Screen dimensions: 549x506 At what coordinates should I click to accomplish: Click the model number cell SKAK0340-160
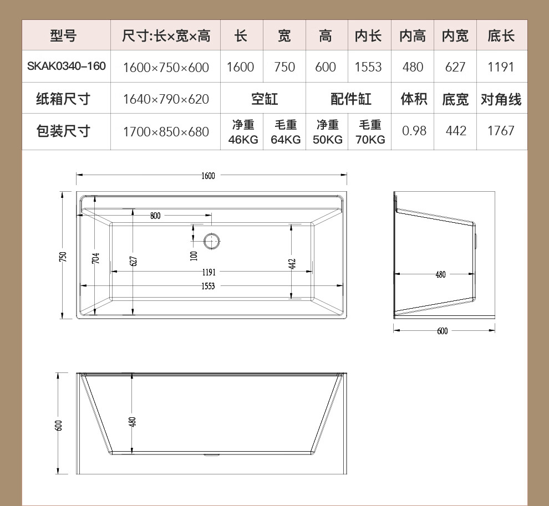(x=66, y=66)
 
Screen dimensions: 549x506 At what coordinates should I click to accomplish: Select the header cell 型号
(x=63, y=35)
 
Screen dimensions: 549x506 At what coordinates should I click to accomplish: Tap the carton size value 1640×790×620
(x=166, y=99)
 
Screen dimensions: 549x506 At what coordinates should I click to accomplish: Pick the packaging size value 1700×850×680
(x=166, y=132)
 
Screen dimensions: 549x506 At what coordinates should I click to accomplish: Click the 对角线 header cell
(x=501, y=99)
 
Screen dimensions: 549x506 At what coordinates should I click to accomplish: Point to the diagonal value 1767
(x=501, y=131)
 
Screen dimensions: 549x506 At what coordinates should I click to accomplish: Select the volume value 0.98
(x=414, y=131)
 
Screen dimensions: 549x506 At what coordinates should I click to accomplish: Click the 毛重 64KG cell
(x=286, y=132)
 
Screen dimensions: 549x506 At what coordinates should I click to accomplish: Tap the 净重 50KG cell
(x=328, y=132)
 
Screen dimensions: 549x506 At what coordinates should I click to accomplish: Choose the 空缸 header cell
(x=265, y=99)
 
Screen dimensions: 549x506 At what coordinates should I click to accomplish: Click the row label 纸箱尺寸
(x=63, y=99)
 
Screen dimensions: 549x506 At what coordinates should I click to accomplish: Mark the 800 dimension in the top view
(x=155, y=216)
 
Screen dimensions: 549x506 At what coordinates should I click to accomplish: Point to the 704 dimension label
(x=95, y=258)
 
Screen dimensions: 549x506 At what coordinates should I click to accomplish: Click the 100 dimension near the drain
(x=194, y=256)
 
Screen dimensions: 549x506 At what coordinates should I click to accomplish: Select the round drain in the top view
(x=212, y=241)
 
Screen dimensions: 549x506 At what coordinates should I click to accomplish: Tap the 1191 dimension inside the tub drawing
(x=209, y=272)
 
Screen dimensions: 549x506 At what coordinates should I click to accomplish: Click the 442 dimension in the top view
(x=292, y=264)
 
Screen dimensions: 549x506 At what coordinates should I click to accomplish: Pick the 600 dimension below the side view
(x=442, y=331)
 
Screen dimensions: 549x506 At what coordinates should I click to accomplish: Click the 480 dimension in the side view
(x=440, y=274)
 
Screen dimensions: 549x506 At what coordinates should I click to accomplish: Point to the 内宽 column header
(x=455, y=35)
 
